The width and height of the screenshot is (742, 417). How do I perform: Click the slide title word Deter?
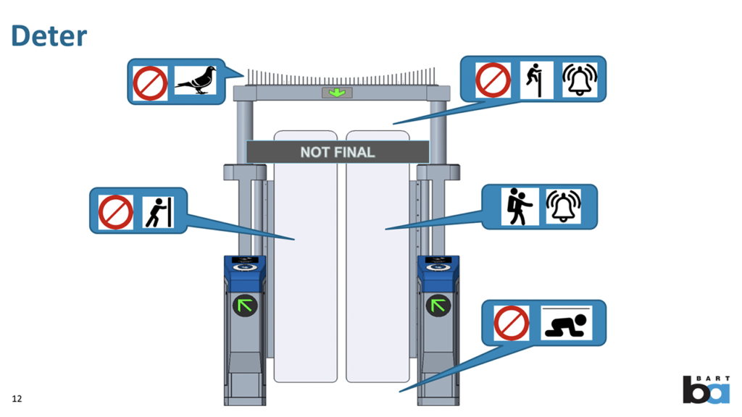pyautogui.click(x=49, y=35)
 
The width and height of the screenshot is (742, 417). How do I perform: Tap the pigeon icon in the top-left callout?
pyautogui.click(x=196, y=81)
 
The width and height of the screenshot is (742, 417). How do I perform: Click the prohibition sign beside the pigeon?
pyautogui.click(x=150, y=82)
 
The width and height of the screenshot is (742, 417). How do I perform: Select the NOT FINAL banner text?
pyautogui.click(x=338, y=152)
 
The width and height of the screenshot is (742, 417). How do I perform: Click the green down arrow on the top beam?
pyautogui.click(x=337, y=93)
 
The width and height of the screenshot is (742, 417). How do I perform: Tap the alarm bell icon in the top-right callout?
pyautogui.click(x=580, y=80)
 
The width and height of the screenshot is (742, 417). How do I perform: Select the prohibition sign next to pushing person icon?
pyautogui.click(x=115, y=211)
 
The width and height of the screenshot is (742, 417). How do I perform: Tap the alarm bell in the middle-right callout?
pyautogui.click(x=563, y=206)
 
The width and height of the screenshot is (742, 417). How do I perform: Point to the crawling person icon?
pyautogui.click(x=567, y=324)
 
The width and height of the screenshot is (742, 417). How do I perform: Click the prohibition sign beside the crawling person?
pyautogui.click(x=512, y=323)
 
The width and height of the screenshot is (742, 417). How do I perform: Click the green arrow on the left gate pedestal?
pyautogui.click(x=245, y=306)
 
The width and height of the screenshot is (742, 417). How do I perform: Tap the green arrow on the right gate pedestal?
pyautogui.click(x=438, y=306)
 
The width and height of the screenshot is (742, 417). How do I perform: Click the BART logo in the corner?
pyautogui.click(x=706, y=389)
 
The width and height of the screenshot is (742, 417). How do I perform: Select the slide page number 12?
pyautogui.click(x=17, y=399)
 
